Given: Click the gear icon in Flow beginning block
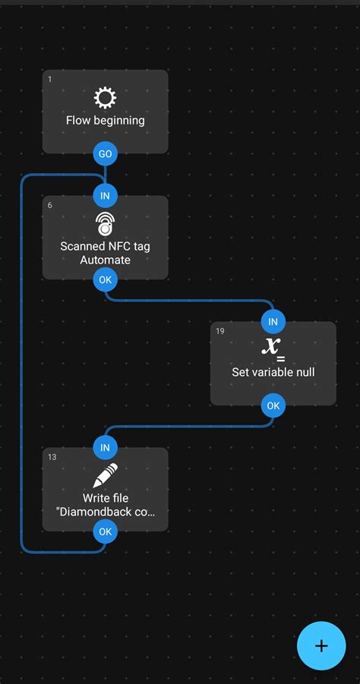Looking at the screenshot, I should [105, 97].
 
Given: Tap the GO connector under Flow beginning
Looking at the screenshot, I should [105, 153].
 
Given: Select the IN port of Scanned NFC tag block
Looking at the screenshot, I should [105, 196].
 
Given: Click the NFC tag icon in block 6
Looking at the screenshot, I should [105, 223].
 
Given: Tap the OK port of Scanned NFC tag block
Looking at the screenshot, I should [105, 279].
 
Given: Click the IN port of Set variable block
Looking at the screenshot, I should [273, 322].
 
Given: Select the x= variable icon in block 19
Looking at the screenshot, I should [273, 348].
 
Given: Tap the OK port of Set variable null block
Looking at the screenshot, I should [273, 405].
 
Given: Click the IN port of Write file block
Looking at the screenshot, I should [105, 448].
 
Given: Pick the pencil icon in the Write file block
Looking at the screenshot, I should [105, 475].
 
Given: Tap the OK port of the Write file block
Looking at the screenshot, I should [105, 531].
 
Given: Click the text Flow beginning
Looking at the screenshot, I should [105, 120].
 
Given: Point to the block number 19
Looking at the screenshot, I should [219, 331].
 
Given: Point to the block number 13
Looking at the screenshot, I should [52, 457].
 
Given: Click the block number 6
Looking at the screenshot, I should [49, 205].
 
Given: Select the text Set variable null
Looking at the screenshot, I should [273, 372].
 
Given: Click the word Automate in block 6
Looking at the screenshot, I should [105, 260].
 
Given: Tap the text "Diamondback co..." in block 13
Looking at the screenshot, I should [105, 512].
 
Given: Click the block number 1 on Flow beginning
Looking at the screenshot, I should [49, 79].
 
